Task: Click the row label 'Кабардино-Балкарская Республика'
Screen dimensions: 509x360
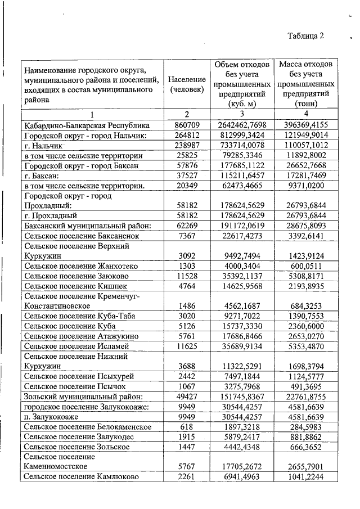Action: pos(87,125)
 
